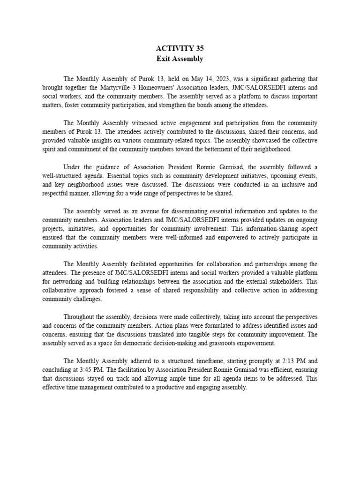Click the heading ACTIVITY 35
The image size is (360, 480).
click(180, 48)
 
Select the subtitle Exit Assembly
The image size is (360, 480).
click(180, 59)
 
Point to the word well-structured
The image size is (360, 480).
click(62, 176)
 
